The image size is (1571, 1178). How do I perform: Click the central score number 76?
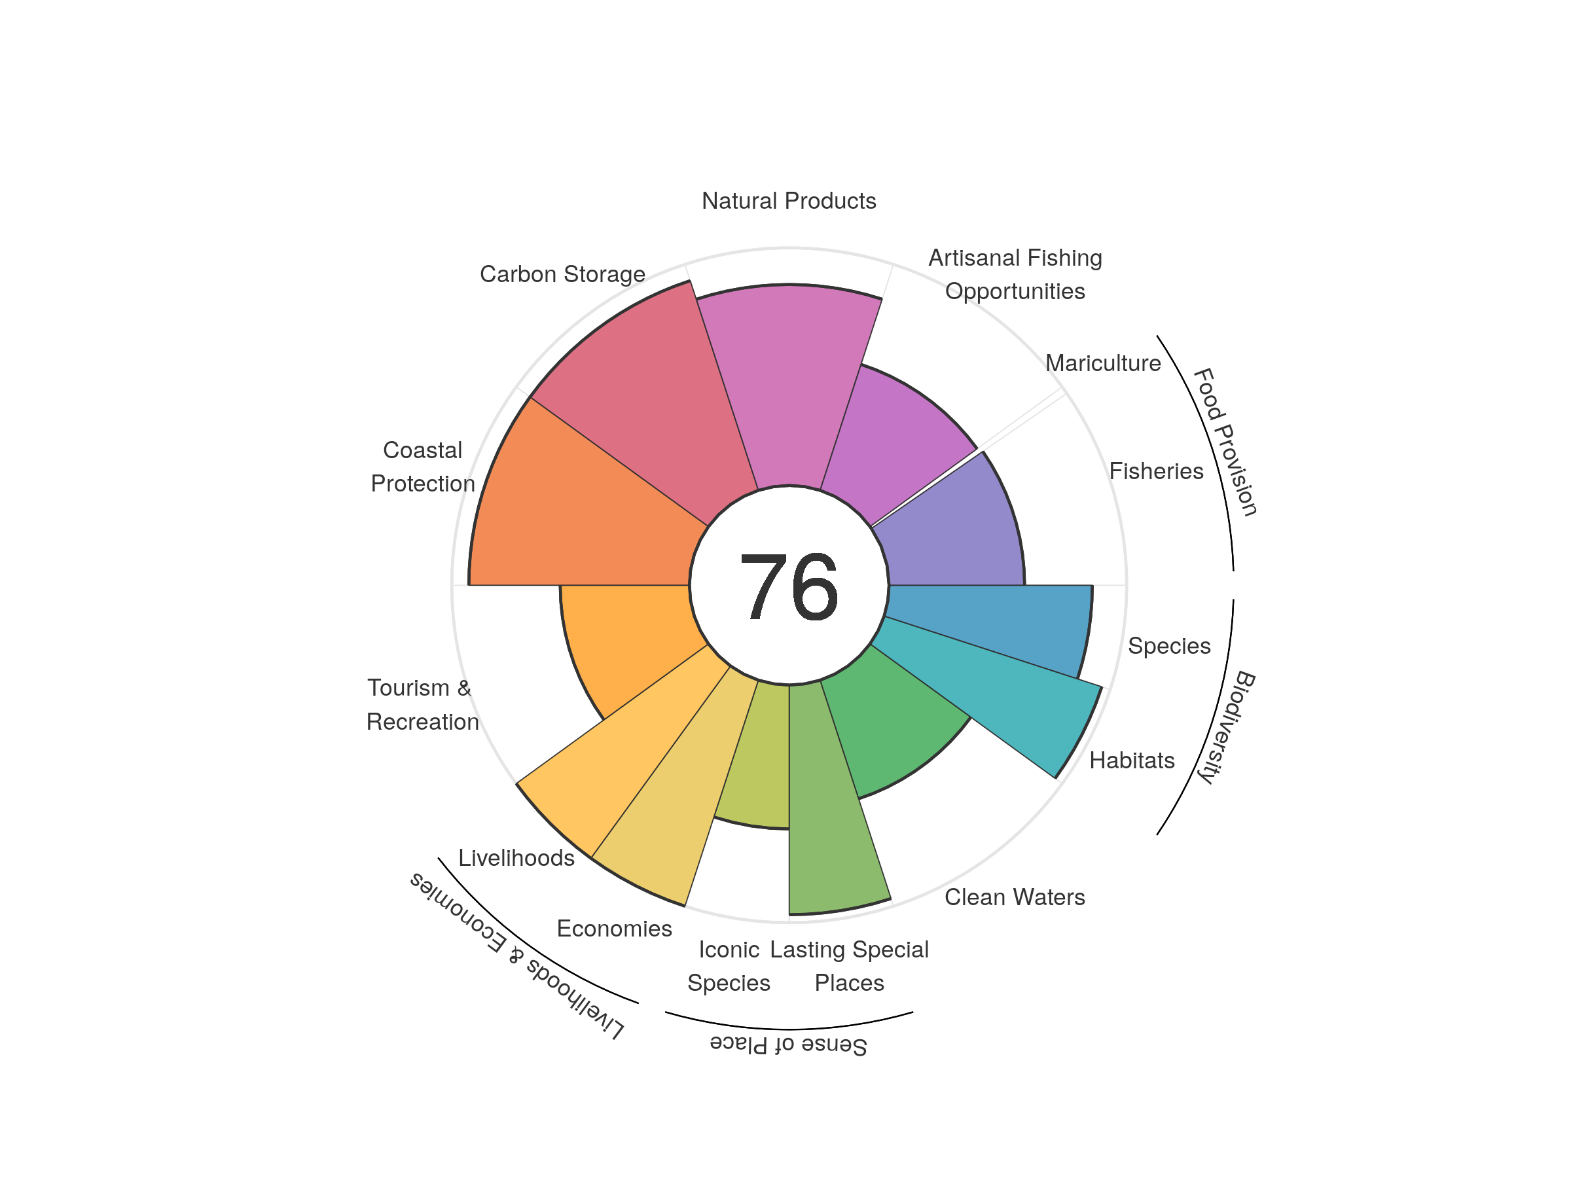(x=788, y=586)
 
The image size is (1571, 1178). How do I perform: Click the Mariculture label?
(x=1102, y=364)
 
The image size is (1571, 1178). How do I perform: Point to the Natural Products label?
(x=788, y=201)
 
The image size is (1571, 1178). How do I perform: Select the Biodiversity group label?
(x=1227, y=726)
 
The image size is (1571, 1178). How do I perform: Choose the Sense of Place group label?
(x=788, y=1045)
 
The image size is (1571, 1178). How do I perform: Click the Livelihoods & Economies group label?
(x=517, y=955)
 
